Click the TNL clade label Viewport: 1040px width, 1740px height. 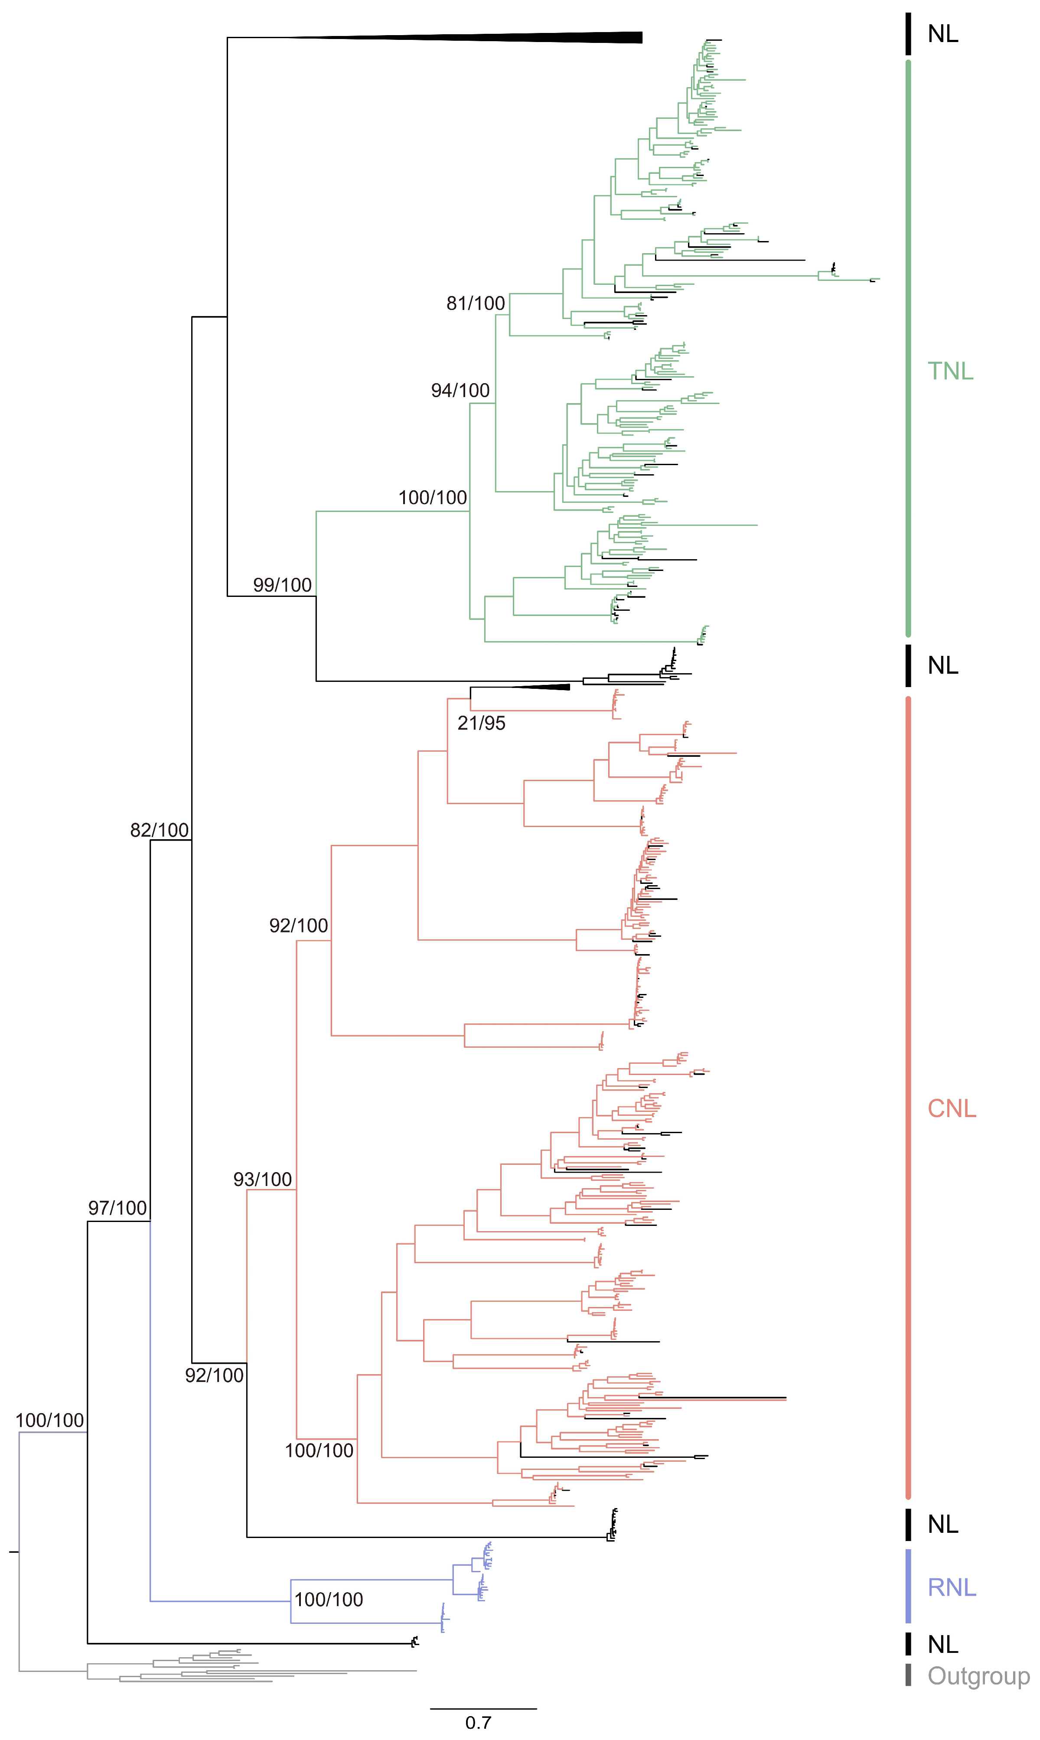coord(950,371)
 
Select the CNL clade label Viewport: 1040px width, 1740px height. coord(952,1108)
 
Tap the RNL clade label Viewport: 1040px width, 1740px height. coord(952,1588)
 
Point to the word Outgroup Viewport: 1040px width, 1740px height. coord(978,1676)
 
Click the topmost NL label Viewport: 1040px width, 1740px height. coord(942,34)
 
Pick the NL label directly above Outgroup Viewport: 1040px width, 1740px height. coord(942,1644)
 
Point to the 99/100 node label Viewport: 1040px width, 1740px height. coord(282,585)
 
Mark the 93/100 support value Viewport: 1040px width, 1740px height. coord(262,1180)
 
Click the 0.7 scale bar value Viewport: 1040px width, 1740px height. coord(478,1722)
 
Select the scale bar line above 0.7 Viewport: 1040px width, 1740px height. coord(483,1708)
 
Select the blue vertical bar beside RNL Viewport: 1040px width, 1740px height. coord(908,1586)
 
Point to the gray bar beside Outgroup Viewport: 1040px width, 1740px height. coord(908,1675)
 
